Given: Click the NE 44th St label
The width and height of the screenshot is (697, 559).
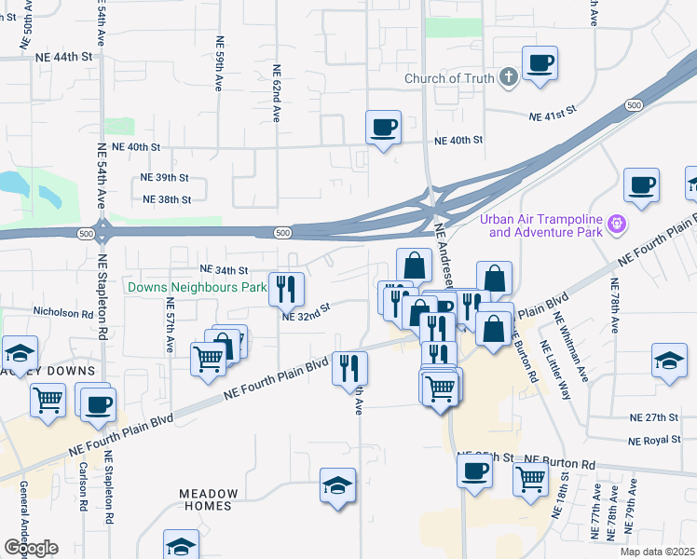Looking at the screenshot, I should coord(65,57).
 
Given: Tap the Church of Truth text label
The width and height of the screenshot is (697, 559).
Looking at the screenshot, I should coord(449,78).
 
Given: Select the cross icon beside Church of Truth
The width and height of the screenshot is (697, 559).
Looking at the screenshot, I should coord(509,77).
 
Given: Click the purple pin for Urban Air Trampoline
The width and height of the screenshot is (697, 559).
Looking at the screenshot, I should coord(615,225).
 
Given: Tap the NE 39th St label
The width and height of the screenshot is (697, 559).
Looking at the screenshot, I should coord(164,177).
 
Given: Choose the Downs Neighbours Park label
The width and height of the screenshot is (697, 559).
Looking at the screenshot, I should coord(198,288).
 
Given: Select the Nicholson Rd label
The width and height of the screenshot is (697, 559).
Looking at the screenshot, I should coord(62,314).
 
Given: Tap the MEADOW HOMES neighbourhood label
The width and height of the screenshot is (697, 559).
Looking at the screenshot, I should coord(209,499).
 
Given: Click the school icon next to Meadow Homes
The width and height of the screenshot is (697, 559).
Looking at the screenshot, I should coord(337,485).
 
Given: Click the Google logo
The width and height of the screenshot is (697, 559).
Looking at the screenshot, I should coord(31,547).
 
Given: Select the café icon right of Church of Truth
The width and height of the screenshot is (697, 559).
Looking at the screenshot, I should coord(541,64).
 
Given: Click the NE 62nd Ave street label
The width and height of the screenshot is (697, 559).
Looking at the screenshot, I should coord(277,93).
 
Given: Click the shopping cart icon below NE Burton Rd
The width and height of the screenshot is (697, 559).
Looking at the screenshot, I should coord(530,479).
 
